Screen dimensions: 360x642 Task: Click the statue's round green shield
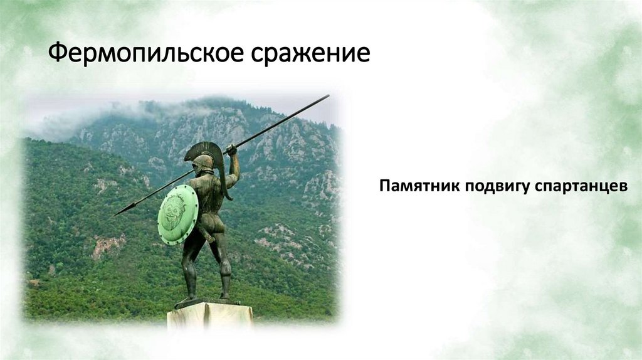(177, 214)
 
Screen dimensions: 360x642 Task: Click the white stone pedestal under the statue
(209, 316)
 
